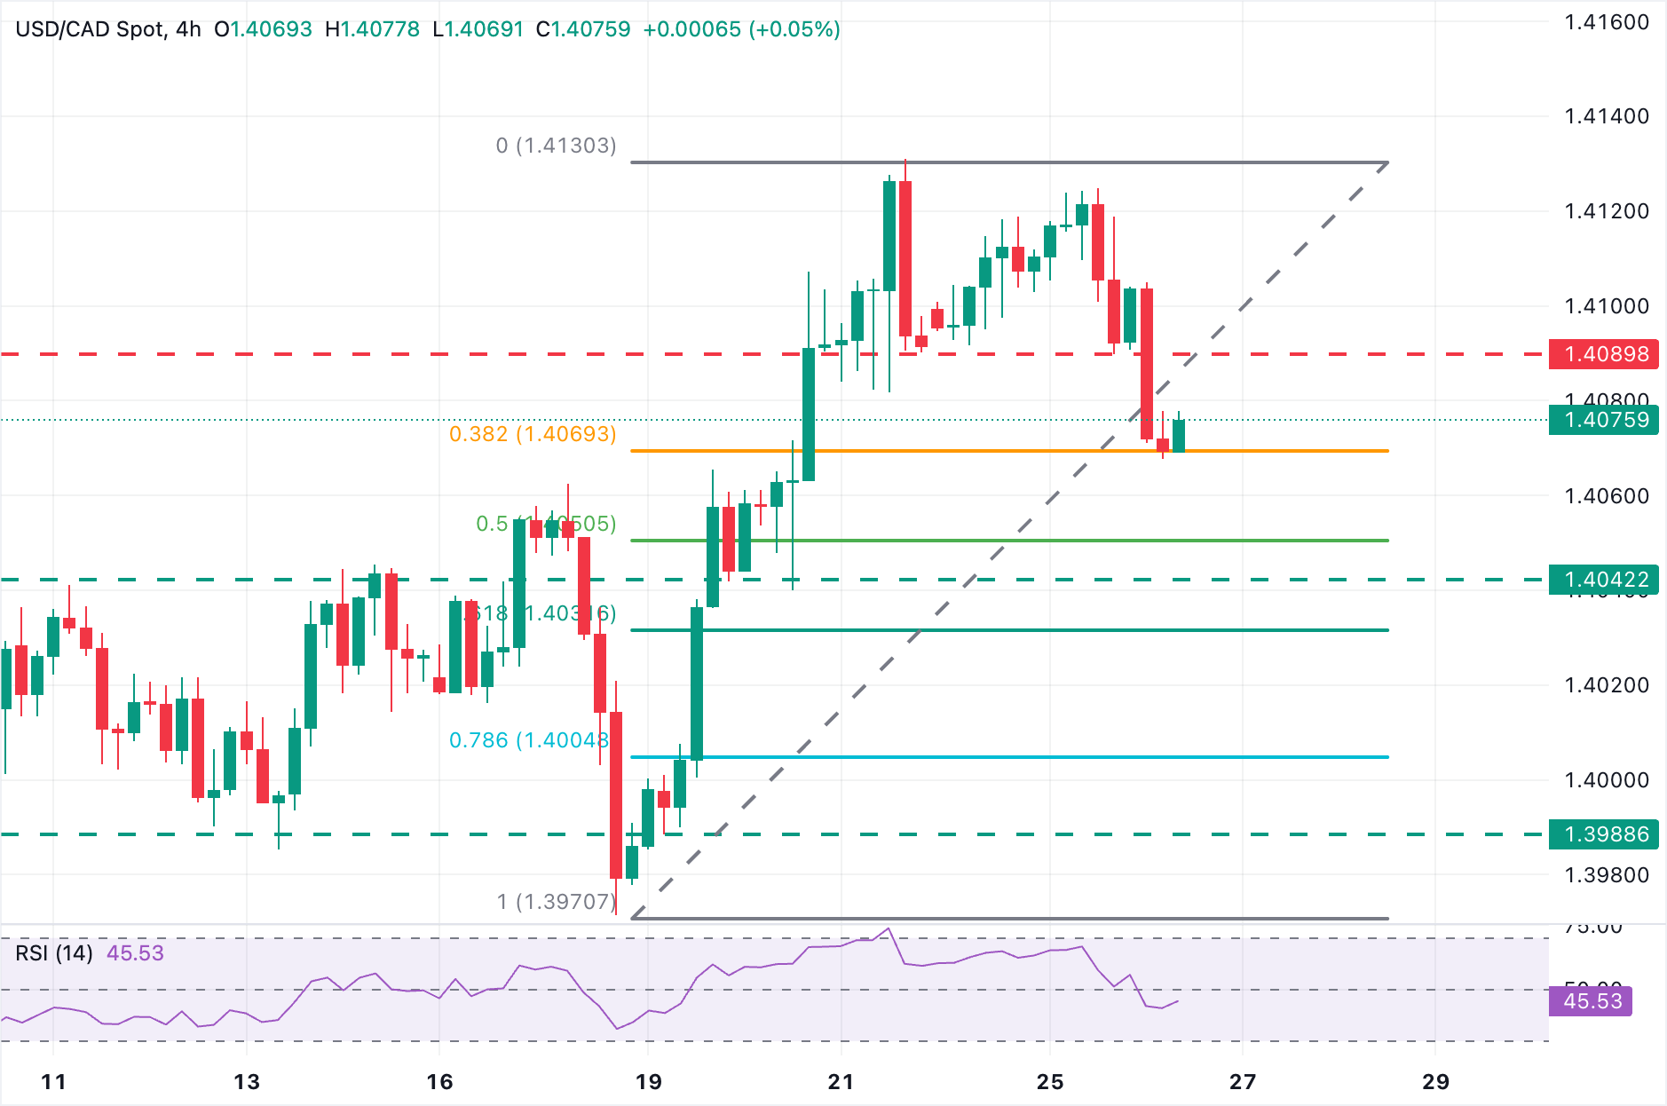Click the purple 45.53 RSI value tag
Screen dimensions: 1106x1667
(x=1592, y=1001)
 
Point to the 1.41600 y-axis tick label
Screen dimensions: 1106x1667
(x=1606, y=22)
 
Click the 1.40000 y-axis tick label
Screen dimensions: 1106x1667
(x=1606, y=780)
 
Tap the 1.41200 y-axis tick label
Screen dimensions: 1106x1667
(x=1606, y=211)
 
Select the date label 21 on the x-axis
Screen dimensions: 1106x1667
(x=841, y=1081)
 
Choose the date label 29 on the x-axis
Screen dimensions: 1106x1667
(x=1435, y=1081)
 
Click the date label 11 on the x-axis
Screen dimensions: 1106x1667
(x=54, y=1081)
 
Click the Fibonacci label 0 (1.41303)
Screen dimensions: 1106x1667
(x=556, y=146)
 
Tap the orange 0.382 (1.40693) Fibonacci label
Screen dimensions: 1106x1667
(x=533, y=434)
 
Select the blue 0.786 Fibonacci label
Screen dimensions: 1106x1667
(x=529, y=740)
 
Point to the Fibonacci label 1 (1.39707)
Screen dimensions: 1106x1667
(x=556, y=902)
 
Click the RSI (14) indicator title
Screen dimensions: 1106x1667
(x=54, y=953)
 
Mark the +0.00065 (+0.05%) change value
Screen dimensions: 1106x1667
(x=741, y=29)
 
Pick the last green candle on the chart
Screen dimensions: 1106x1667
(x=1179, y=436)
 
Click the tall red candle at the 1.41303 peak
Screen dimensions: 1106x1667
(x=905, y=257)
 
